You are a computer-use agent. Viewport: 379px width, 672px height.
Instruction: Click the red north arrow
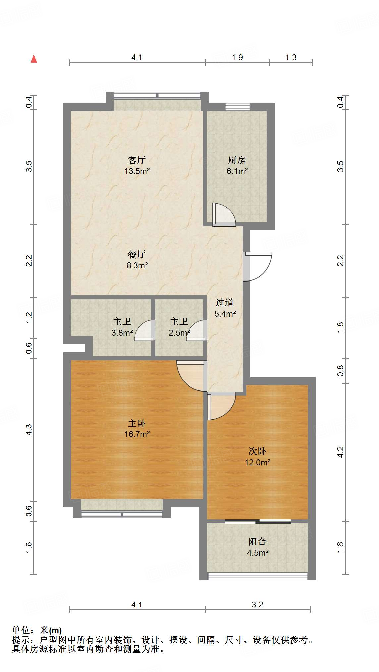point(34,59)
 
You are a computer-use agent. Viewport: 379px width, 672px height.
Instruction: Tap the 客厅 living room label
point(136,160)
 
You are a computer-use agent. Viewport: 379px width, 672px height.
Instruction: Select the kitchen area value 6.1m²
point(237,171)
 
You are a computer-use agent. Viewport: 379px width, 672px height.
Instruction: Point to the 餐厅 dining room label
point(136,254)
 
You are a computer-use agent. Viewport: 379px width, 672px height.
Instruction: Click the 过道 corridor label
point(225,302)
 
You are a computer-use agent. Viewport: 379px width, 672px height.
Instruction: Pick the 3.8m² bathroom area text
point(122,333)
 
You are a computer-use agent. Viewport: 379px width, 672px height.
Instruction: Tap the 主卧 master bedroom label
point(136,423)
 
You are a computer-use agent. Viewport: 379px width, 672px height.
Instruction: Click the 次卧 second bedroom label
point(257,451)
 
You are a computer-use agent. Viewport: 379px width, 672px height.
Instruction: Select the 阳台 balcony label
point(257,541)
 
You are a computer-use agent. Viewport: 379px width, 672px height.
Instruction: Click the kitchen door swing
point(224,215)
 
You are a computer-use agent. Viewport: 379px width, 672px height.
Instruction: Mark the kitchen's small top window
point(238,107)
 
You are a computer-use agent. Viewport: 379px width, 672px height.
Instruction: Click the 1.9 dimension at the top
point(237,58)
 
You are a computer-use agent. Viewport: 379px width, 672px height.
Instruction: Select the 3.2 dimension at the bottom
point(257,605)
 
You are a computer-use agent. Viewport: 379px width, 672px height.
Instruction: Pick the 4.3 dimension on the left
point(29,429)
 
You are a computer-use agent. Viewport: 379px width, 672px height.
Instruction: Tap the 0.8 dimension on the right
point(340,371)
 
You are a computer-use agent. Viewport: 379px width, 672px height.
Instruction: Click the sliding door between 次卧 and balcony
point(258,522)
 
